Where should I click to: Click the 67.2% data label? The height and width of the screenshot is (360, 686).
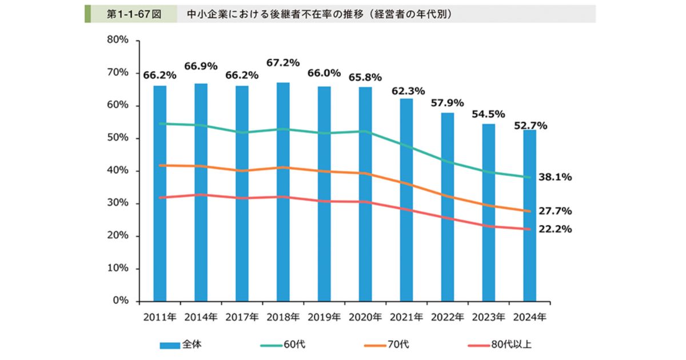283,63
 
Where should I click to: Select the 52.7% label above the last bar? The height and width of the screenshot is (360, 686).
530,125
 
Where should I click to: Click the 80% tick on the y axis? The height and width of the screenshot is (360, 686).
117,41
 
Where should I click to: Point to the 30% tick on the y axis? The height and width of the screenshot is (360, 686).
117,203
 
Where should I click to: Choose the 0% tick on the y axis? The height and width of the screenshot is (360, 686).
119,301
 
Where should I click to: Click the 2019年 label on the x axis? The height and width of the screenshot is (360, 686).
324,317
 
